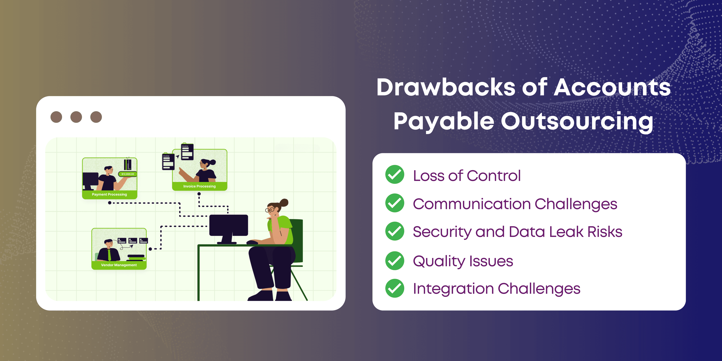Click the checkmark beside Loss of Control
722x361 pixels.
(x=395, y=174)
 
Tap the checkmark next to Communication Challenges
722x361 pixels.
(x=395, y=203)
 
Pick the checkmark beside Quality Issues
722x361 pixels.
(x=395, y=261)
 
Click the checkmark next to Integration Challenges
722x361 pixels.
(x=395, y=288)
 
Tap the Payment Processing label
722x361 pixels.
(x=109, y=194)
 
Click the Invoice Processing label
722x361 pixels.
(x=199, y=186)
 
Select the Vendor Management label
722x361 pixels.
(x=119, y=265)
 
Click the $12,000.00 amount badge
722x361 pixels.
(x=127, y=174)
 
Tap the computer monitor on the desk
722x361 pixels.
(x=229, y=229)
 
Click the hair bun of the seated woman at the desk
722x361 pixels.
(x=284, y=203)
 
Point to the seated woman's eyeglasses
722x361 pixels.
(x=270, y=209)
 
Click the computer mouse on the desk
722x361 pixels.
(x=252, y=242)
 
